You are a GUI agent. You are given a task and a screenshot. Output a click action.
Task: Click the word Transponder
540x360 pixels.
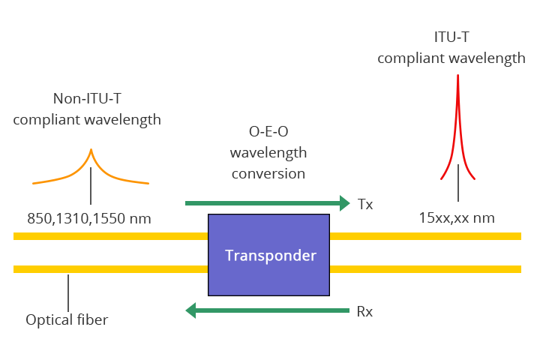tap(271, 255)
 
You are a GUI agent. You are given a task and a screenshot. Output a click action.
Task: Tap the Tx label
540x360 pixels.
tap(365, 203)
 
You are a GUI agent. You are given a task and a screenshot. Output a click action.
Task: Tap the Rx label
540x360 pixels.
tap(365, 310)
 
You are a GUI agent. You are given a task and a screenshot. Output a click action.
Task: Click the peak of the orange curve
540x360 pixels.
tap(91, 150)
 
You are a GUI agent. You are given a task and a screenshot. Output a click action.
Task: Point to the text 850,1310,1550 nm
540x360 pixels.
tap(89, 219)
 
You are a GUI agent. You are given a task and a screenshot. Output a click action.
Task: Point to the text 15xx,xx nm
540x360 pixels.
tap(457, 219)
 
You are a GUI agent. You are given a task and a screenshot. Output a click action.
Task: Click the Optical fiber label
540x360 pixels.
tap(67, 320)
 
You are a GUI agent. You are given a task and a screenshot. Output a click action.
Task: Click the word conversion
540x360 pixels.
tap(268, 172)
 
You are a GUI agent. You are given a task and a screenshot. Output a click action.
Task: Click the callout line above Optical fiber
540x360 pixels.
tap(68, 292)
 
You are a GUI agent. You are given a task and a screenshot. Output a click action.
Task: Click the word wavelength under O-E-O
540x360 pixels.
tap(268, 153)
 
